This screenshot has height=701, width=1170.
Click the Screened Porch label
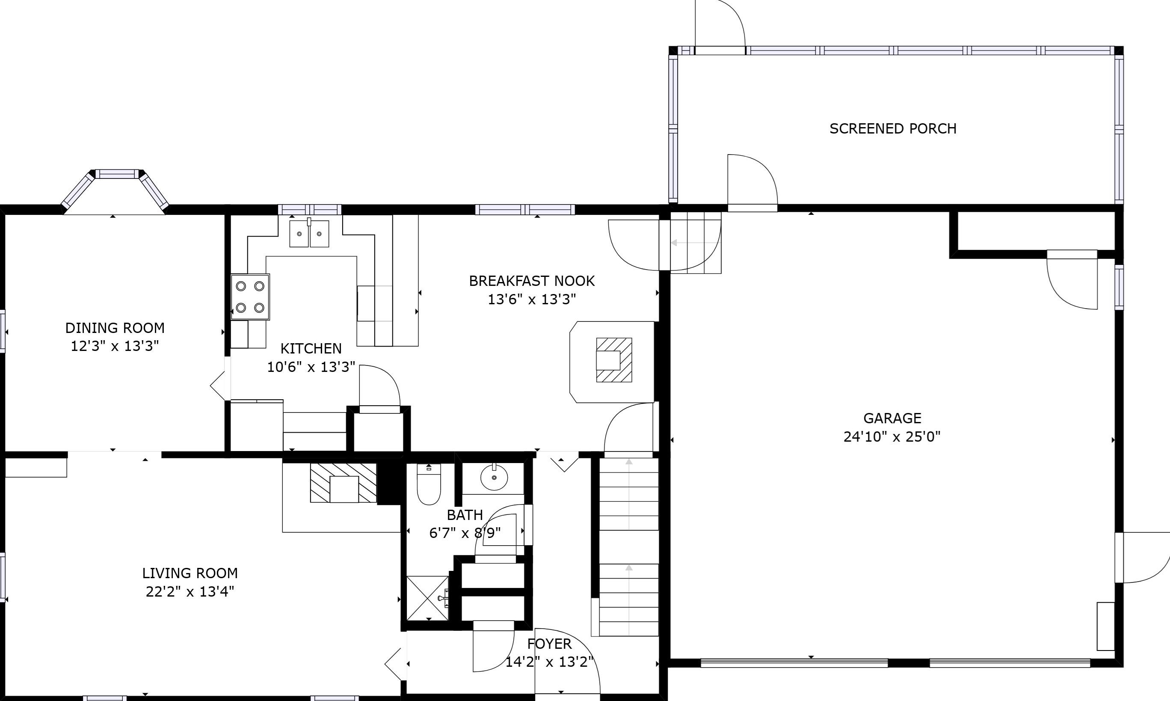tap(893, 128)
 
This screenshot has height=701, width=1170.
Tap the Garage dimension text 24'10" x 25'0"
tap(892, 437)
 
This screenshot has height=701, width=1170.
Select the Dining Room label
tap(115, 328)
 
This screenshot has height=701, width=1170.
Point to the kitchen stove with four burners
tap(250, 297)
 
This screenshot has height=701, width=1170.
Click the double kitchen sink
tap(309, 233)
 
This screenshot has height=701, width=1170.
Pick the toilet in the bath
tap(429, 484)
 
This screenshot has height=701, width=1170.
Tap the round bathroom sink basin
tap(494, 478)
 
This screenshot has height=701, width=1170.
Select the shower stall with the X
tap(427, 598)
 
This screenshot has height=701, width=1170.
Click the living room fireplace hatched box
tap(343, 483)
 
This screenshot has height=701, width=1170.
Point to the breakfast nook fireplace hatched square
tap(614, 360)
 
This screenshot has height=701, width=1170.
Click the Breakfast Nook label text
tap(532, 281)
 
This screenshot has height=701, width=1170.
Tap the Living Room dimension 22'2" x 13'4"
tap(190, 591)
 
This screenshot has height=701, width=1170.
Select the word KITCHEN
tap(311, 349)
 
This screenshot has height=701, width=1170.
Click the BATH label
tap(465, 515)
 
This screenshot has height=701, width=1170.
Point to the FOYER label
tap(549, 644)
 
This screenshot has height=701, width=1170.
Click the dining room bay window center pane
tap(118, 174)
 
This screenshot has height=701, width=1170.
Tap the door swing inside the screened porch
tap(752, 182)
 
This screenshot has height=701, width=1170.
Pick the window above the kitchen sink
tap(309, 209)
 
